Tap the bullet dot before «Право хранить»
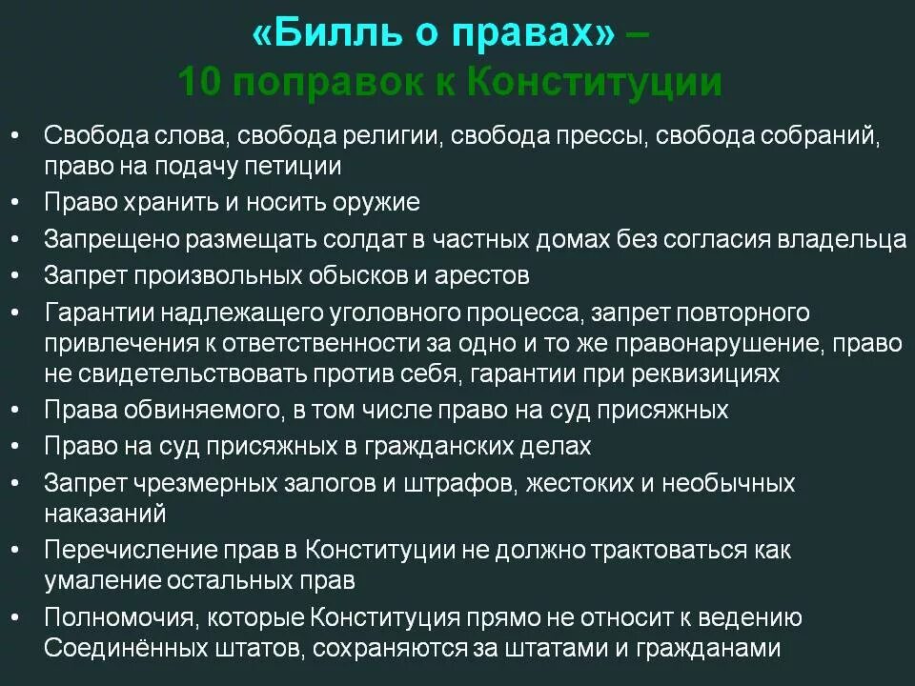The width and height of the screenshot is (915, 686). (16, 202)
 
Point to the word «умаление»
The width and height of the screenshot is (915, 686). (104, 580)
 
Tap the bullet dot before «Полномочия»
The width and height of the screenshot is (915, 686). (16, 617)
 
